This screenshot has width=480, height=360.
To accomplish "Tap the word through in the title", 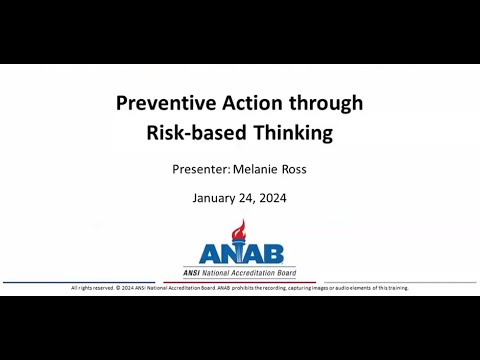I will (318, 102).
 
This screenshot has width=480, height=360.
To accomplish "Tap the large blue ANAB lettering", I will (240, 254).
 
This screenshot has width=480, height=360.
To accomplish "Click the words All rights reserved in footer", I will (93, 288).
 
